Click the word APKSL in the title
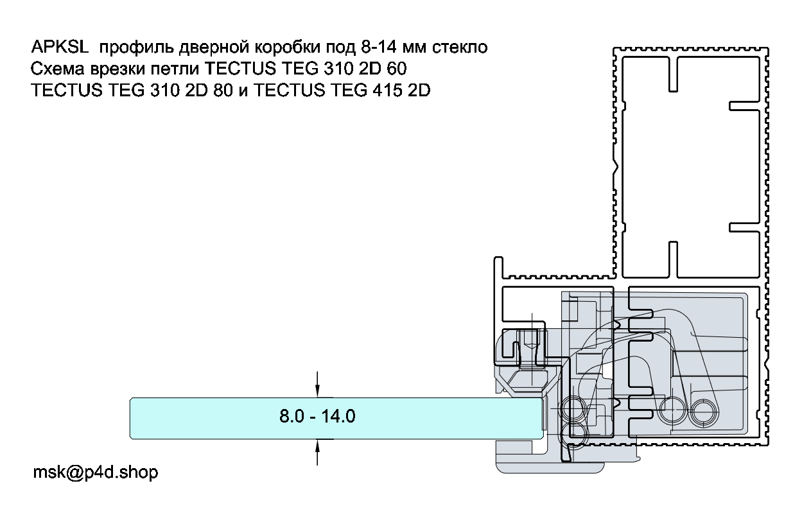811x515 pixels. tap(60, 47)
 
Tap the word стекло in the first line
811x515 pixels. tap(460, 48)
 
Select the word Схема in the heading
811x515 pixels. tap(57, 69)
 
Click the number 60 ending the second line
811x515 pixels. tap(396, 69)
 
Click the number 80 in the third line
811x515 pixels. tap(223, 90)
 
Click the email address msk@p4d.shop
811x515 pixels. tap(96, 472)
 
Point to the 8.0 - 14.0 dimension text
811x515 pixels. tap(317, 416)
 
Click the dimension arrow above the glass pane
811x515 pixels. tap(317, 385)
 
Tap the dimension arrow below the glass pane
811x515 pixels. tap(317, 452)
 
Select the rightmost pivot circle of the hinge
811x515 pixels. tap(703, 412)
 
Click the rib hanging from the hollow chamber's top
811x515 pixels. tap(673, 74)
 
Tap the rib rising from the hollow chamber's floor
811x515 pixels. tap(673, 259)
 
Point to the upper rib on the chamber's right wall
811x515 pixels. tap(744, 107)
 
